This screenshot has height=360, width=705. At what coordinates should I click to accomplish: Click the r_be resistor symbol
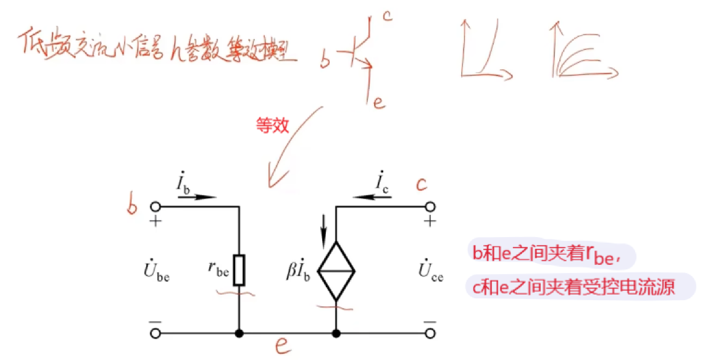click(x=239, y=270)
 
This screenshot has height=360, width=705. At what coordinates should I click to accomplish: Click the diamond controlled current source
click(x=336, y=270)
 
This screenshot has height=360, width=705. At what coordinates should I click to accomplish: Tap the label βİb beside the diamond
click(x=299, y=270)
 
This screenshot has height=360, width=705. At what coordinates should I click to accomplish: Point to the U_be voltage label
click(x=155, y=270)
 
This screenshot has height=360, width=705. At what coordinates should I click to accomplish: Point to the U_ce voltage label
click(x=430, y=270)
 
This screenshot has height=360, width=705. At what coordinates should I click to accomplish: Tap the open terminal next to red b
click(x=155, y=207)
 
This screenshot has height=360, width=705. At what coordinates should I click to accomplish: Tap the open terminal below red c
click(x=430, y=207)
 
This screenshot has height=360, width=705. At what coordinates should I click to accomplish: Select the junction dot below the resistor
click(x=239, y=333)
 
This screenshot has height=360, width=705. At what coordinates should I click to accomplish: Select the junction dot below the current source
click(x=336, y=333)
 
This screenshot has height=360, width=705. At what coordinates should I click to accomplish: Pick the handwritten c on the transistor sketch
click(x=388, y=15)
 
